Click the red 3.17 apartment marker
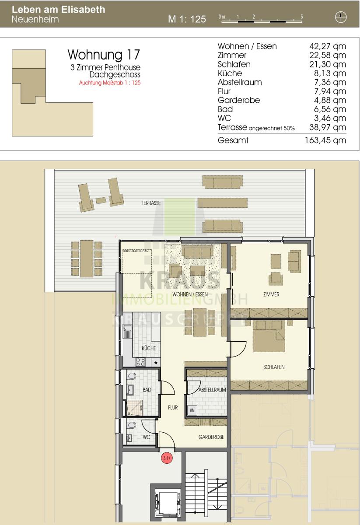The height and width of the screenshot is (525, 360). [167, 458]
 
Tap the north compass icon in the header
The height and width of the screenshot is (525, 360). [341, 17]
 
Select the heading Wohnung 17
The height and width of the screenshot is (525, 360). [104, 55]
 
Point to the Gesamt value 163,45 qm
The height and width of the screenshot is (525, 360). [325, 140]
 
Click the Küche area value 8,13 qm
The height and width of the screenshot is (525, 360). [330, 73]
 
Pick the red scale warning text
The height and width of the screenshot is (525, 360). [110, 83]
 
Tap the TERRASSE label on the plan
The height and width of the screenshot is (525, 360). [151, 203]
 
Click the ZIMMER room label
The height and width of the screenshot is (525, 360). [271, 294]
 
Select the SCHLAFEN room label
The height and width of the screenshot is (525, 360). [274, 367]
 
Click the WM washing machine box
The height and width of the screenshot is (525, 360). [192, 410]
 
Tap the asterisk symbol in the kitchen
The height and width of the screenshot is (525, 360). [156, 363]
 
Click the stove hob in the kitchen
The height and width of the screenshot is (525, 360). [140, 362]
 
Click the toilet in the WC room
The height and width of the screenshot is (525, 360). [131, 426]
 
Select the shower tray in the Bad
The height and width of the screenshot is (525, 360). [134, 407]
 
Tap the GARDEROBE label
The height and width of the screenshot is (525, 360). [211, 437]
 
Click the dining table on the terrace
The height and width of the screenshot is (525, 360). [87, 258]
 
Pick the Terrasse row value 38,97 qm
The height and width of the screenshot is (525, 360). [328, 127]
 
